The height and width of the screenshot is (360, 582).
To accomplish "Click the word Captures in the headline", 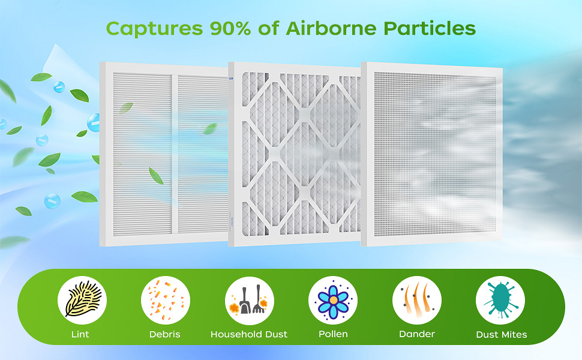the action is [x=154, y=29].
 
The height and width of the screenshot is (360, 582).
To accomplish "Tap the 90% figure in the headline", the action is [x=230, y=28].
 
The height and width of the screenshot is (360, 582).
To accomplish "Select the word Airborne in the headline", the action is [x=331, y=28].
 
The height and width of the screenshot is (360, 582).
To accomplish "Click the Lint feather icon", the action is [x=82, y=299].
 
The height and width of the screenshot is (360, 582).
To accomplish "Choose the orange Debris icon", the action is [x=166, y=300].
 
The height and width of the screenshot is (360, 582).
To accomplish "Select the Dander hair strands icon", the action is [x=417, y=299].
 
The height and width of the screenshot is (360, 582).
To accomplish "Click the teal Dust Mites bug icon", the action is [x=500, y=300].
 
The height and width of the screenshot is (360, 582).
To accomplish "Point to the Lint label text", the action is [x=80, y=334].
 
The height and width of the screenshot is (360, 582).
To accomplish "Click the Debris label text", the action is [x=165, y=334].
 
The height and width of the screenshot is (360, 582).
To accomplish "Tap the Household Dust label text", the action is [x=249, y=334].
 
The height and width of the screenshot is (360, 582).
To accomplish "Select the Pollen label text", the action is [x=334, y=334].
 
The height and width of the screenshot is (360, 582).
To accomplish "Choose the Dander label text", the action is [x=417, y=334].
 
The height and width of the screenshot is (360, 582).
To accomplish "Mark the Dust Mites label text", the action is [x=502, y=335].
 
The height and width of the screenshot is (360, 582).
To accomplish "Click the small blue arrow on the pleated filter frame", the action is [x=232, y=79].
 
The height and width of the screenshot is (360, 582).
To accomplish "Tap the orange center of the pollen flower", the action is [x=334, y=299].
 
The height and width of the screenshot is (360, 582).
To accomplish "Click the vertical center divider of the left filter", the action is [x=175, y=154].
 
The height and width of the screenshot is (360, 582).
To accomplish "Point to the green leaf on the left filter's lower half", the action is [x=156, y=176].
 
